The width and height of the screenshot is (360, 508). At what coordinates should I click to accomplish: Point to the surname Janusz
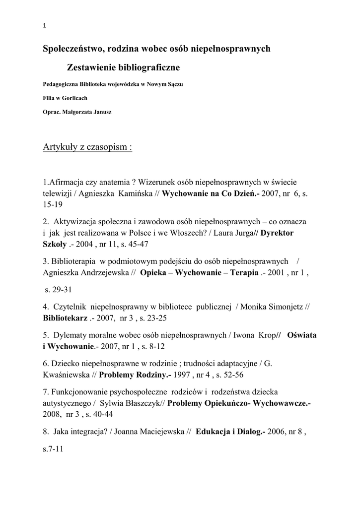(101, 112)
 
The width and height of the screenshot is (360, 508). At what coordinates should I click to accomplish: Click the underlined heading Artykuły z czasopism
(87, 147)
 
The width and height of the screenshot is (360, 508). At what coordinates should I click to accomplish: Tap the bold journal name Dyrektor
(279, 232)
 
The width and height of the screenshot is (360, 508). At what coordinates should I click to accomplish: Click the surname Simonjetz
(279, 307)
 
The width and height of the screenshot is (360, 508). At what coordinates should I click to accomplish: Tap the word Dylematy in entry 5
(70, 335)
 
